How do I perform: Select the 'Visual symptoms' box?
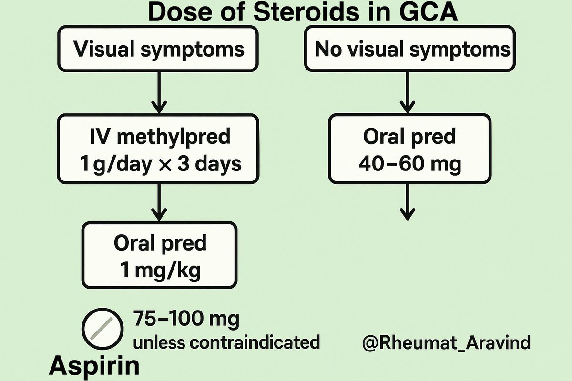pos(158,49)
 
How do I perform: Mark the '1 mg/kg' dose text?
pos(160,271)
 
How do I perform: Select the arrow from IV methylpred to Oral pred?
pos(159,202)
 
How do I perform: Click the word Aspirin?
pos(95,366)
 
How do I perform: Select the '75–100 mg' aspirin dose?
pos(186,319)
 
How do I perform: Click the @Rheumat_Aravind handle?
pos(446,342)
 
